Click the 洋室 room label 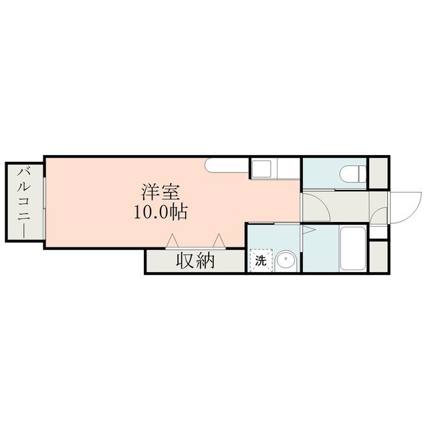pos(160,193)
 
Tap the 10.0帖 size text pos(160,212)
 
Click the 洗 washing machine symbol pos(261,260)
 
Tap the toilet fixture pos(352,175)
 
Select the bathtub pos(352,249)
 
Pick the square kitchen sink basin pos(261,168)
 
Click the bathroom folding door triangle pos(308,229)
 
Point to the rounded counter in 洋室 pos(227,165)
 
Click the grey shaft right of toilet pos(378,173)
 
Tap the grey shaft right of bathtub pos(379,256)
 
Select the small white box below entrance pos(379,232)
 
